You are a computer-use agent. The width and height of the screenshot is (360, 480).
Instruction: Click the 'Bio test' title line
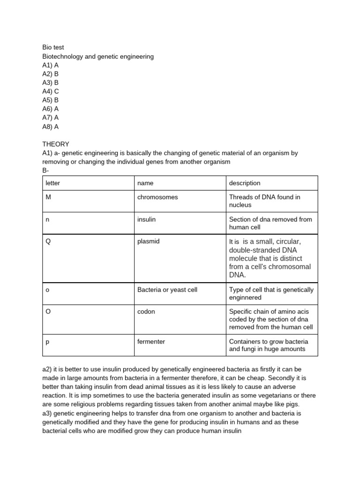(x=53, y=47)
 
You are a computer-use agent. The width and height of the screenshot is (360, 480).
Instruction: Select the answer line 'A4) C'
(x=51, y=91)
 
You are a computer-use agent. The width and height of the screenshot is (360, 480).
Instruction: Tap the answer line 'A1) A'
(x=51, y=65)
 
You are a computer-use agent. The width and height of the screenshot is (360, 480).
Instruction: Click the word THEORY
(x=56, y=144)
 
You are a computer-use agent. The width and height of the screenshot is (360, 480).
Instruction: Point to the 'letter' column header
(x=52, y=183)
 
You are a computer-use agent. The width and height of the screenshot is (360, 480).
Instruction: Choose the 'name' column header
(x=145, y=183)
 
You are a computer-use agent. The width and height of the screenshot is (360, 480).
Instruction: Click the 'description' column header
(x=245, y=183)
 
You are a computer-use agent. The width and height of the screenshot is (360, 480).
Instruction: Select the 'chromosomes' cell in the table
(x=157, y=197)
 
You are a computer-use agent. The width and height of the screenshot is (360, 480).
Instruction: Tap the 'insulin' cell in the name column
(x=146, y=219)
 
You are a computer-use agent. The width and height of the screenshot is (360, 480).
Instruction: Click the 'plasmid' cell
(x=148, y=241)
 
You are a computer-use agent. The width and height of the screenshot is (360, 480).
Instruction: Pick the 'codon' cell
(x=146, y=311)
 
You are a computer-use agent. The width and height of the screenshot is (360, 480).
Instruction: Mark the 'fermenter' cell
(x=151, y=341)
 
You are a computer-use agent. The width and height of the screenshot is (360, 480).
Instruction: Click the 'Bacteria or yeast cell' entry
(x=167, y=290)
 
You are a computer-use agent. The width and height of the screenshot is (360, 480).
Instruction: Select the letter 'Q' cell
(x=48, y=241)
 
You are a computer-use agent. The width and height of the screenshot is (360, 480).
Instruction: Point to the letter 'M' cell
(x=48, y=197)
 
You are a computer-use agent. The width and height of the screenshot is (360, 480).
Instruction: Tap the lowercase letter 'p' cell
(x=47, y=342)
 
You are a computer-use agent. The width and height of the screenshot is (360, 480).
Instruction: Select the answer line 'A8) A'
(x=51, y=127)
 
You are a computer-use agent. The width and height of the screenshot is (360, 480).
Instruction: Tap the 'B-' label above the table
(x=45, y=171)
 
